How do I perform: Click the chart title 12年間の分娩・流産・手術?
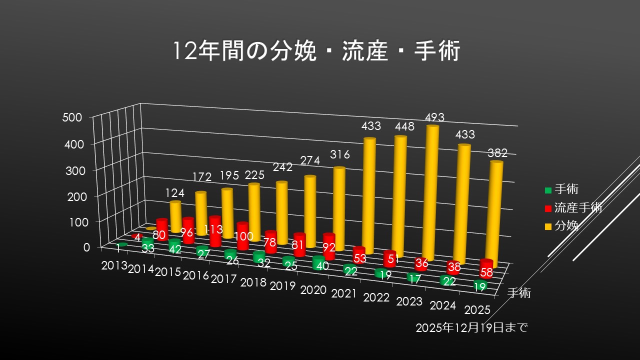(x=315, y=51)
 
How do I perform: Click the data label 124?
(x=174, y=193)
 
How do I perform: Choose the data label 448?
(x=404, y=126)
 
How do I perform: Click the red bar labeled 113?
(x=215, y=231)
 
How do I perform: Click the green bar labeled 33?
(x=148, y=246)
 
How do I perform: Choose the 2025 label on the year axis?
(x=476, y=310)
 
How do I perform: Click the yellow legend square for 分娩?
(x=548, y=226)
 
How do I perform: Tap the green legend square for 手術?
(x=548, y=189)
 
